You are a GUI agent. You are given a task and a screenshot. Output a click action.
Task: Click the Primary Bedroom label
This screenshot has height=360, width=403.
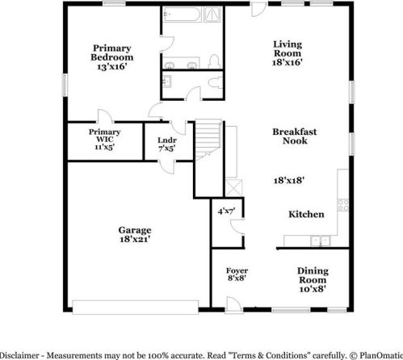[111, 57]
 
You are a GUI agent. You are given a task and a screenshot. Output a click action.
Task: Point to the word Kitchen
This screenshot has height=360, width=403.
[306, 214]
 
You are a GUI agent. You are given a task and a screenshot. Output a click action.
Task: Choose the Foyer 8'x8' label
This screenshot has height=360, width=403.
[237, 275]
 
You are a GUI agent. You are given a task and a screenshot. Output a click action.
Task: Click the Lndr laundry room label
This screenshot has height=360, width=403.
[167, 144]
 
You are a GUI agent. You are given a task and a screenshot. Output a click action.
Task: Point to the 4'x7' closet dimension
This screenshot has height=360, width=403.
[226, 211]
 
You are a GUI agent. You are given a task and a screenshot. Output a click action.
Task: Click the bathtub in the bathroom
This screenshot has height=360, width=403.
[182, 14]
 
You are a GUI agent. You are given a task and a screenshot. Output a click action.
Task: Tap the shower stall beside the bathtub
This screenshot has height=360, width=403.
[213, 14]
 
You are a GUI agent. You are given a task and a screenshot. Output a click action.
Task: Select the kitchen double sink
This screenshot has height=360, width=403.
[322, 240]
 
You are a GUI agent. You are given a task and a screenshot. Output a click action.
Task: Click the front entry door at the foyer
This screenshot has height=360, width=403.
[233, 303]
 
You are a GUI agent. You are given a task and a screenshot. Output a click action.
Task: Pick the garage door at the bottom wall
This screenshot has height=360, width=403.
[135, 306]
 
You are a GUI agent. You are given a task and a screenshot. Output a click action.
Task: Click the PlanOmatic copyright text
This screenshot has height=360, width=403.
[379, 354]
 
